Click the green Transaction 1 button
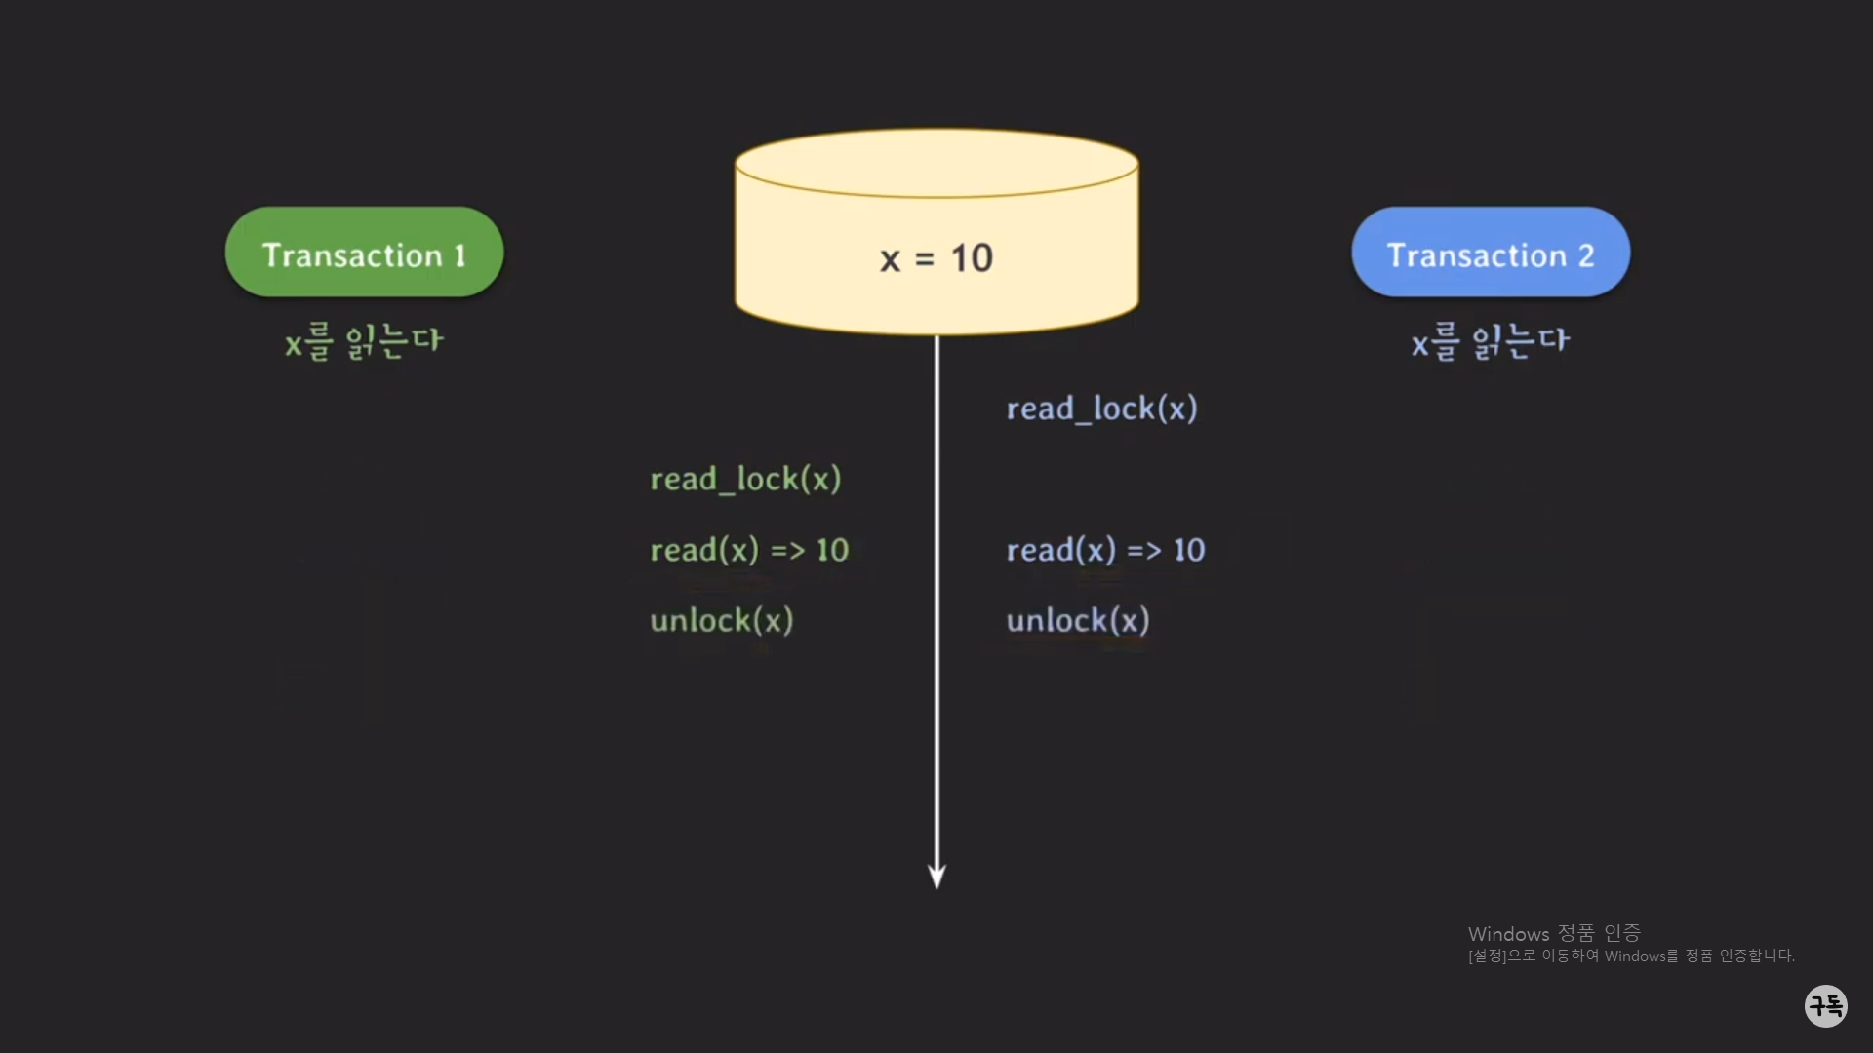click(x=364, y=253)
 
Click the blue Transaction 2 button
click(x=1490, y=253)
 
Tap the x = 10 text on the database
click(x=936, y=258)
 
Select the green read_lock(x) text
click(x=745, y=479)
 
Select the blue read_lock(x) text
click(x=1101, y=409)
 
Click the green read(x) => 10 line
click(x=749, y=550)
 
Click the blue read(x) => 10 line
click(x=1105, y=550)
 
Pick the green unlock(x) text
click(x=722, y=620)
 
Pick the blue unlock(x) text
click(x=1078, y=620)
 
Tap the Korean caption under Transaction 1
click(x=364, y=341)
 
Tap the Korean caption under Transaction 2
click(x=1491, y=341)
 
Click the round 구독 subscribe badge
click(x=1826, y=1005)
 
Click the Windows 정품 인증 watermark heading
click(x=1554, y=933)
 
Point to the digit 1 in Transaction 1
click(x=459, y=255)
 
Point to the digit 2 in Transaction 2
click(x=1585, y=255)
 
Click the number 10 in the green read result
click(x=832, y=550)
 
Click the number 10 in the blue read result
click(x=1189, y=550)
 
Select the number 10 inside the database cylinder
click(x=972, y=258)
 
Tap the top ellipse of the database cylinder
click(x=936, y=163)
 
